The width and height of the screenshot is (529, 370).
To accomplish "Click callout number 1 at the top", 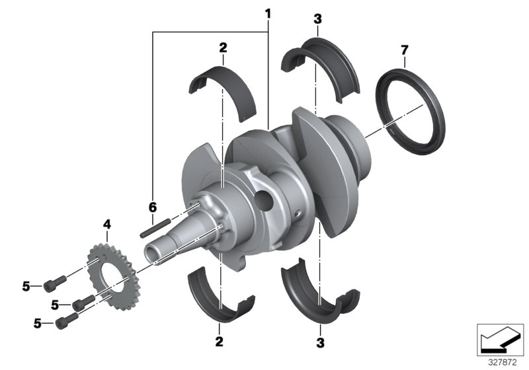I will tap(268, 13).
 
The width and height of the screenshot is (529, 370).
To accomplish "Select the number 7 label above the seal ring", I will tap(405, 50).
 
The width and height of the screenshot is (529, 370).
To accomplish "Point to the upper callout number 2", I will tap(223, 47).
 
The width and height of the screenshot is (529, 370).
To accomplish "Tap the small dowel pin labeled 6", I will tap(155, 225).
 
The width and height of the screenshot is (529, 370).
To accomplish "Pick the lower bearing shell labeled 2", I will tap(219, 295).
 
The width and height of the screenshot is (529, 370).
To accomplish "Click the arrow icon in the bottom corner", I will tap(500, 338).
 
